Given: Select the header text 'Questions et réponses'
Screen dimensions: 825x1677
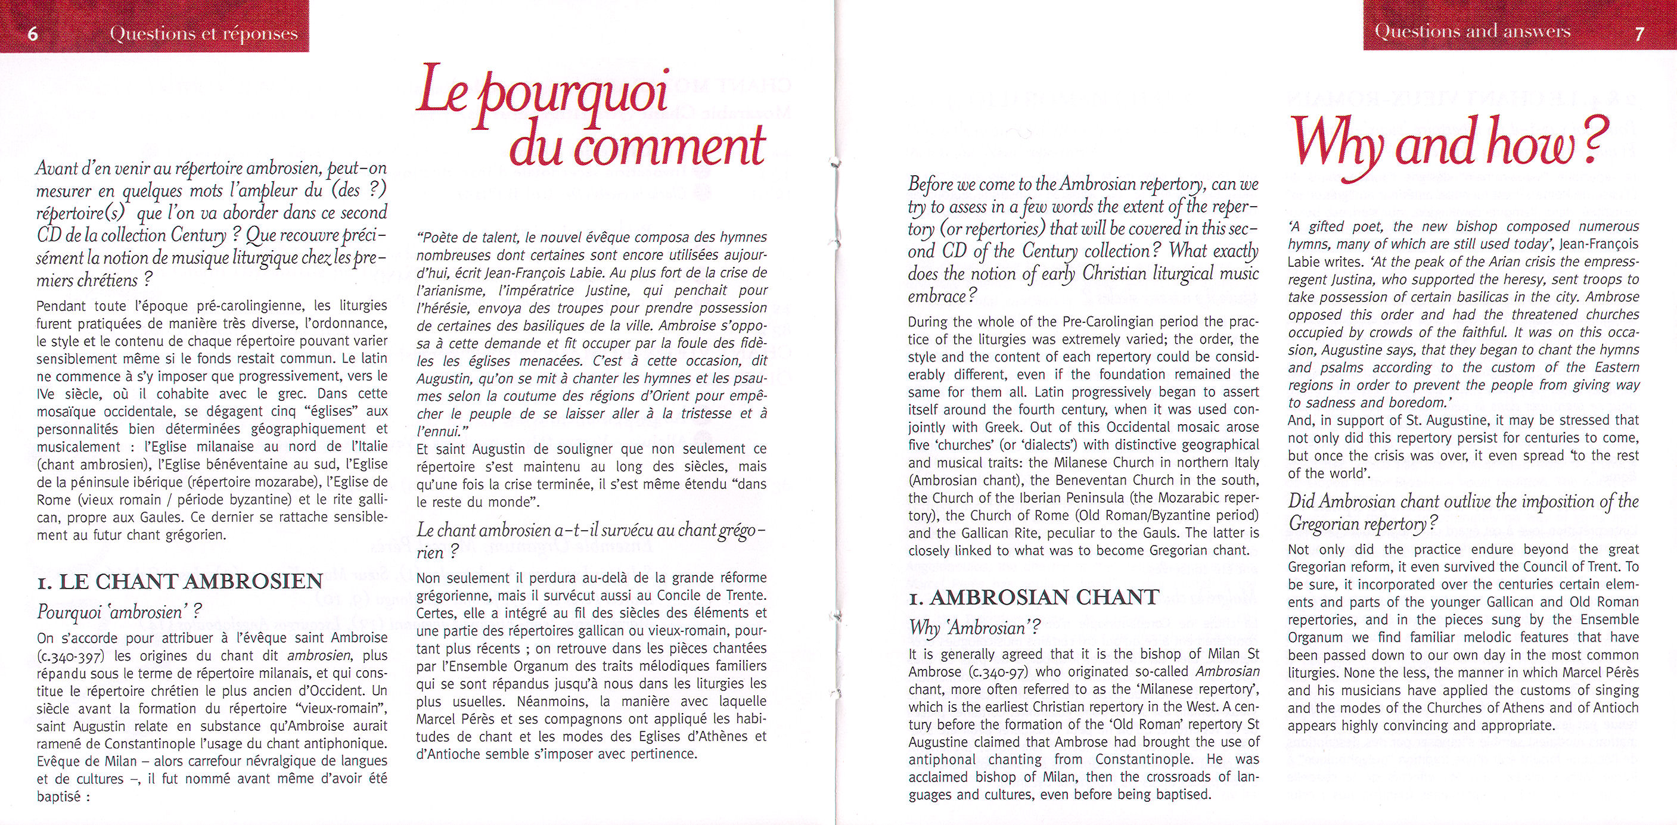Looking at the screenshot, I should point(204,34).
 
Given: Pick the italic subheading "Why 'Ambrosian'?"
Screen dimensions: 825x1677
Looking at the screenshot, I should point(974,628).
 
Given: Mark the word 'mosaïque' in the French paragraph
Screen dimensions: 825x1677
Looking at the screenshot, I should point(63,411).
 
